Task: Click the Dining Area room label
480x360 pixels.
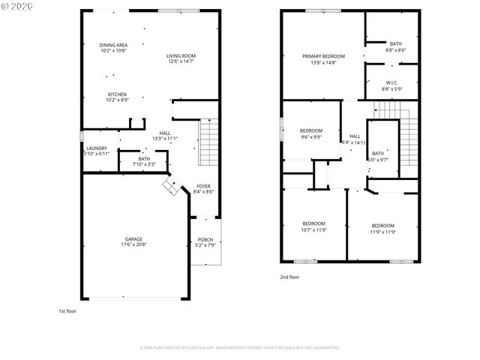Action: point(113,48)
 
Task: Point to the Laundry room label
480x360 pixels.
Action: point(97,150)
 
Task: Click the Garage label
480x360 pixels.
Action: point(133,240)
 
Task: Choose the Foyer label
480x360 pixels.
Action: point(203,188)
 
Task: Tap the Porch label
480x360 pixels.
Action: point(205,241)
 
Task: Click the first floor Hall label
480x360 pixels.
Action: point(164,135)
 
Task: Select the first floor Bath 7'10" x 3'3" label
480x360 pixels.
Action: point(143,160)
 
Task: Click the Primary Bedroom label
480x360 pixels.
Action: point(323,58)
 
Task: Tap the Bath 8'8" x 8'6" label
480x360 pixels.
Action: point(394,46)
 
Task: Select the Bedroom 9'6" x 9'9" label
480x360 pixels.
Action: point(310,133)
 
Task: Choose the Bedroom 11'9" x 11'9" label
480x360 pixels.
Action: point(382,228)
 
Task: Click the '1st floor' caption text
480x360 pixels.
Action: point(67,310)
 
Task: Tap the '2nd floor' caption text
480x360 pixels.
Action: point(289,277)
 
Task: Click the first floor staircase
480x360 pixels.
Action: point(209,145)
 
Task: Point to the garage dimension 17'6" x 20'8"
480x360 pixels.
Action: point(133,245)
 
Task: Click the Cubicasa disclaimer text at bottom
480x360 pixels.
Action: point(240,348)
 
